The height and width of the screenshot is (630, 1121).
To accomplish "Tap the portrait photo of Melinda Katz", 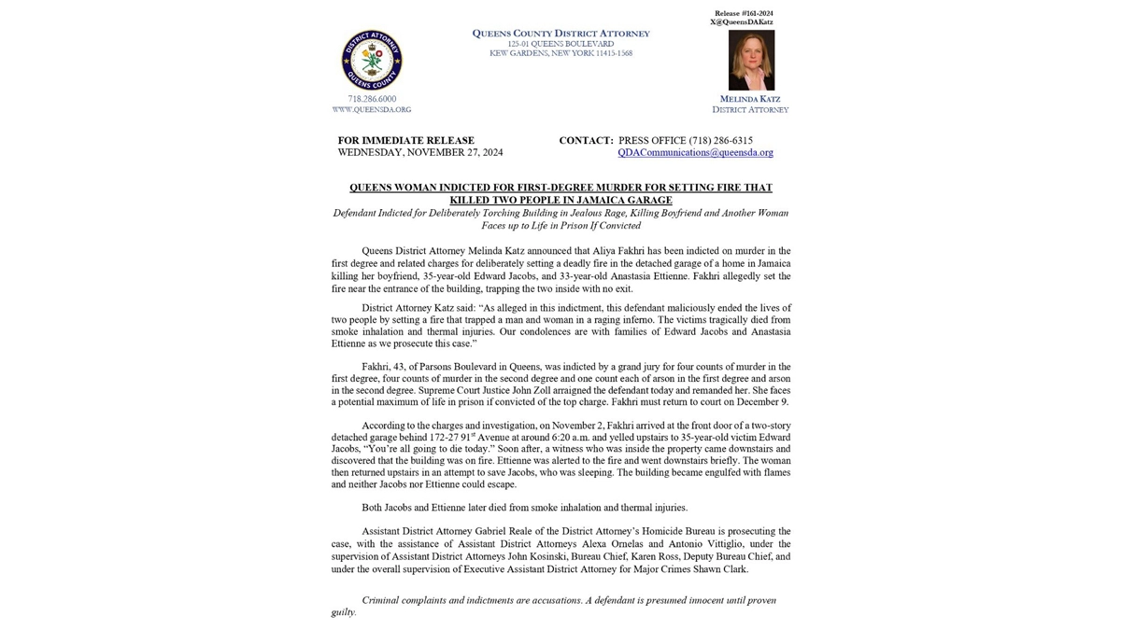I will pos(751,61).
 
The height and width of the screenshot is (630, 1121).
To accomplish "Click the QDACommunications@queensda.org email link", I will pos(695,152).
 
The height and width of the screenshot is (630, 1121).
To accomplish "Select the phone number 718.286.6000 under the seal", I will pos(372,99).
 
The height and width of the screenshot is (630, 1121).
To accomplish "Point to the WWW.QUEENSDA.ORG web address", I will pos(372,110).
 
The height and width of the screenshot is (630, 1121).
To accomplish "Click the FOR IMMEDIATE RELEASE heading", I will pos(406,141).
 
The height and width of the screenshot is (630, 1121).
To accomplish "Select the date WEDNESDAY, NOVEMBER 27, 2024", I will pos(420,152).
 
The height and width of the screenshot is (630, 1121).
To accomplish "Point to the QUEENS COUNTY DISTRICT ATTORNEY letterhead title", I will pos(560,34).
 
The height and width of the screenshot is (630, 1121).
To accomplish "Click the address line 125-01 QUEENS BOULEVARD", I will pos(560,44).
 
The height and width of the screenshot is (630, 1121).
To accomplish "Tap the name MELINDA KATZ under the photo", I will pos(750,99).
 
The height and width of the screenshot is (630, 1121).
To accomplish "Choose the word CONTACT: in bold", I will pos(586,141).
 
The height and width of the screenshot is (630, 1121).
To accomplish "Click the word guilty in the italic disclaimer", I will pos(343,612).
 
